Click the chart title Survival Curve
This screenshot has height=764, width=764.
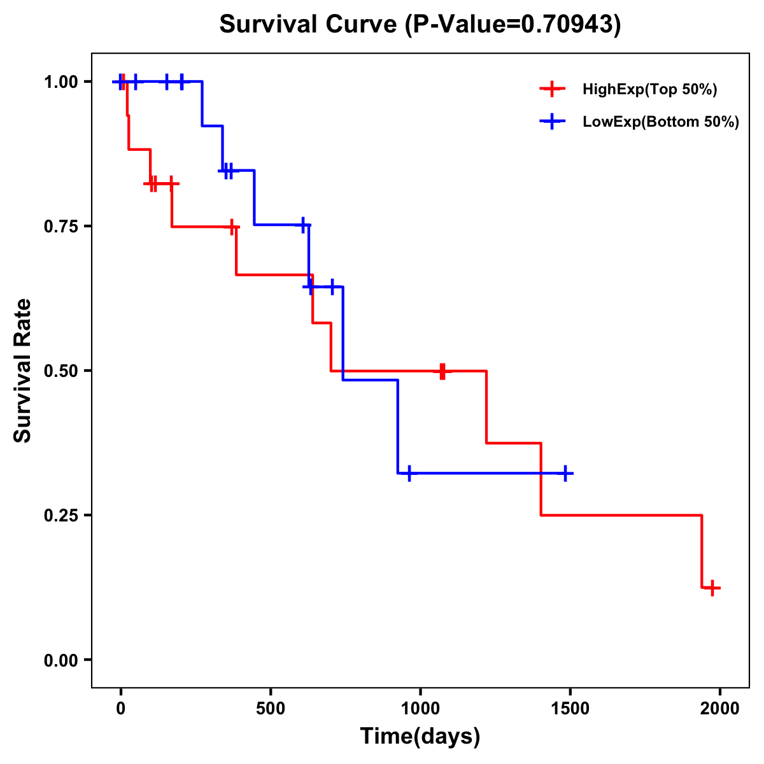[420, 24]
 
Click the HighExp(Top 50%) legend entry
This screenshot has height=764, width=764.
[649, 90]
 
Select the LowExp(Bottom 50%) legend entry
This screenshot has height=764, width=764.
[660, 122]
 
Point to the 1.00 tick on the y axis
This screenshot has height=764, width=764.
[62, 81]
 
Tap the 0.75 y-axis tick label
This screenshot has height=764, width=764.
[62, 226]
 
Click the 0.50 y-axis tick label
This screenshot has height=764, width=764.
[62, 371]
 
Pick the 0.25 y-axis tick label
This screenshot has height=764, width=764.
[62, 515]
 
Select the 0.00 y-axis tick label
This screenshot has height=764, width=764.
[62, 660]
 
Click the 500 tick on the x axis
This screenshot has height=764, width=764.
[271, 709]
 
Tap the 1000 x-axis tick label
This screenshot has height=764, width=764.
[420, 709]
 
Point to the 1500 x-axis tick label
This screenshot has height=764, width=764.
[570, 709]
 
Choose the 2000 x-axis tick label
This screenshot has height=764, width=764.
[720, 709]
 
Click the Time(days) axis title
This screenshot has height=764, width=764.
[420, 737]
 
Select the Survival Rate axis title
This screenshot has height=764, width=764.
[23, 371]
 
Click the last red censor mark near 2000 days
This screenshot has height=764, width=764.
[713, 588]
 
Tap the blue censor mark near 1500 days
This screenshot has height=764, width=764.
[565, 473]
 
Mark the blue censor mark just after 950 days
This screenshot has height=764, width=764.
[409, 473]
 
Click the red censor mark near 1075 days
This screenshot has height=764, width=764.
[442, 371]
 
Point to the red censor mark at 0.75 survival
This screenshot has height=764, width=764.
[233, 227]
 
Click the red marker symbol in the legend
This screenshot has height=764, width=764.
[552, 90]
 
